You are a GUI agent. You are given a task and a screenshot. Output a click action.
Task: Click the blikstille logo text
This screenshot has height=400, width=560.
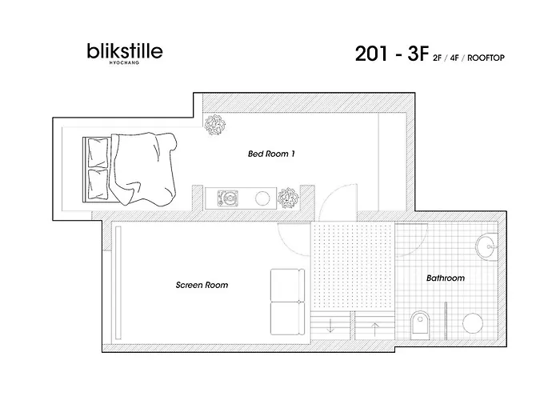(125, 51)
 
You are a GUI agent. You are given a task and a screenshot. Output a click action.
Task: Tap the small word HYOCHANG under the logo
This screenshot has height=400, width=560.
(124, 63)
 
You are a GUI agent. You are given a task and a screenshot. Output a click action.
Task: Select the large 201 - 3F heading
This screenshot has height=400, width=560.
(391, 54)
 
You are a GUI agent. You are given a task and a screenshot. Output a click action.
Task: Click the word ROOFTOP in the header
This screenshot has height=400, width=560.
(486, 58)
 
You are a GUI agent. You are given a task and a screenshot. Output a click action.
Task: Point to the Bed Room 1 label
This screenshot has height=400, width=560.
(271, 154)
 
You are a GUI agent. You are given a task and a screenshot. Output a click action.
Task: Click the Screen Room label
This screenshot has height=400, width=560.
(202, 285)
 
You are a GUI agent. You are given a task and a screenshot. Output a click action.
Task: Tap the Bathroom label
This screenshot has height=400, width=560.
(446, 278)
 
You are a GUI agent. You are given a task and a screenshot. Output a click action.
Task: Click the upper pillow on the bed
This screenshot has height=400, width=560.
(98, 154)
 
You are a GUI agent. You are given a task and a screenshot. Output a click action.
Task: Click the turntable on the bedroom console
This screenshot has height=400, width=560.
(228, 198)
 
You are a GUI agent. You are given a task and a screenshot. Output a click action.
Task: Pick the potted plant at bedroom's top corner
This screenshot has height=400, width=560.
(215, 125)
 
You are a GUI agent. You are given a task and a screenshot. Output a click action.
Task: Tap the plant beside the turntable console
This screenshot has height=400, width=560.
(288, 198)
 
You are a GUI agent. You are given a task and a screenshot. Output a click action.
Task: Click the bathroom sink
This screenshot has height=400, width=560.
(486, 246)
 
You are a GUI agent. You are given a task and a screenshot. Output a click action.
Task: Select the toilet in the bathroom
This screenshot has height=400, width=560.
(420, 325)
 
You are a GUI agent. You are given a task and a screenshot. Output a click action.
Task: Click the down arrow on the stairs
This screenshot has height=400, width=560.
(330, 326)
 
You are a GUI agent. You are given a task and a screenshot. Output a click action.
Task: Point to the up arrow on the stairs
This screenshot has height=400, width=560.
(374, 330)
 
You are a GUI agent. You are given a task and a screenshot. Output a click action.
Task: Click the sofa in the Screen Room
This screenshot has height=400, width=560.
(287, 302)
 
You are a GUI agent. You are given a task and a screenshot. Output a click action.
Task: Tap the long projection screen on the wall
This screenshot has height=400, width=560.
(118, 283)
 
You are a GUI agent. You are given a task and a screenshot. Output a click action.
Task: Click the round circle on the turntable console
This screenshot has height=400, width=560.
(262, 198)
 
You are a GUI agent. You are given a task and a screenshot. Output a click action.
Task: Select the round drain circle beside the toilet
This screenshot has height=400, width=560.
(473, 323)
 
